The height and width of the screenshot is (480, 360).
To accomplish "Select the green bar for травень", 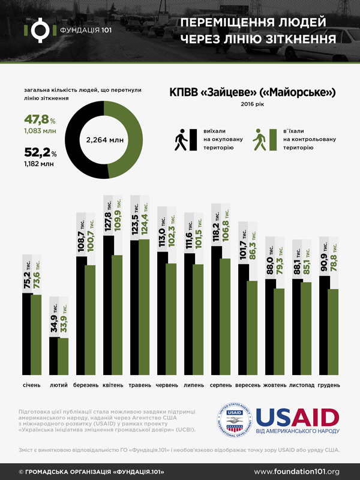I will (145, 307).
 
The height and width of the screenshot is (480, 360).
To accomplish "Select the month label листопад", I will (302, 385).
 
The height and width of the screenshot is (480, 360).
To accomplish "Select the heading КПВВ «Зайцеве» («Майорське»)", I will (251, 92).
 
